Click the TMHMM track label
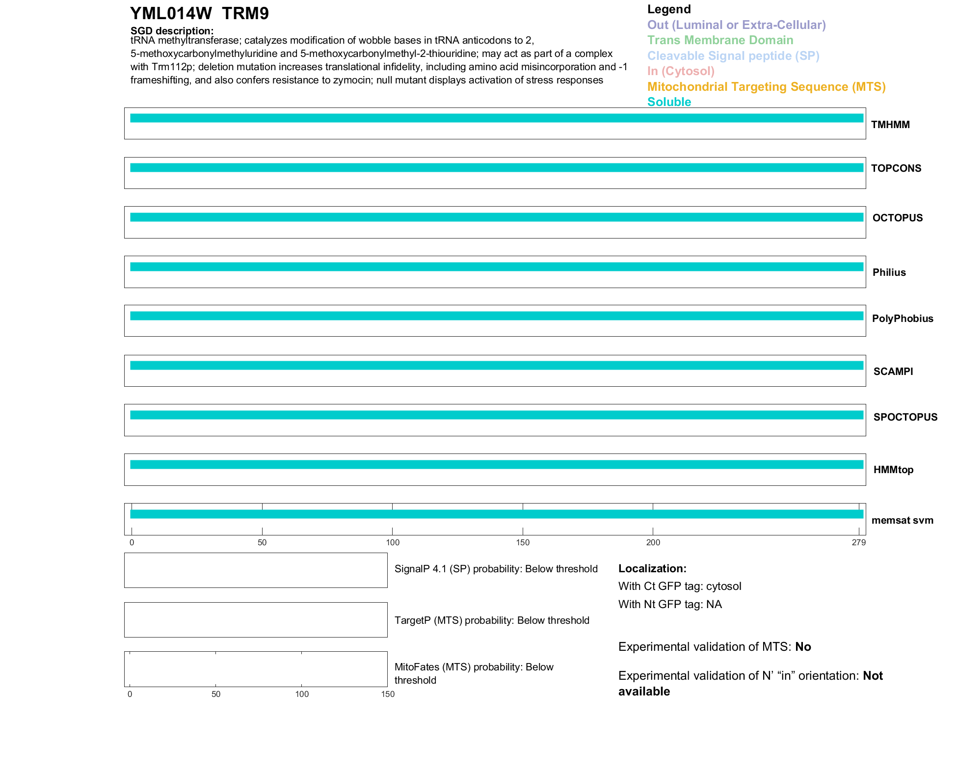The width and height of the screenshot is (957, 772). [x=890, y=125]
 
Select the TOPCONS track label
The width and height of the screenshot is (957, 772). [x=896, y=168]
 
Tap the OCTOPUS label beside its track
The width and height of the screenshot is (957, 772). [x=897, y=218]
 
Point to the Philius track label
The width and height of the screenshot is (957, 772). [x=889, y=272]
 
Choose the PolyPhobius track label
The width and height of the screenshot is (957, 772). [x=902, y=319]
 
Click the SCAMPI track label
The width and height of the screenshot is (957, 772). [x=893, y=372]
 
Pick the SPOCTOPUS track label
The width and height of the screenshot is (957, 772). [x=905, y=417]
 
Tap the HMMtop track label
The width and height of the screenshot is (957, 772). [x=893, y=470]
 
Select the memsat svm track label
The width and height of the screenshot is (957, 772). [x=902, y=520]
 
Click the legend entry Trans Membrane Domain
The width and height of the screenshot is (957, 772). [x=720, y=40]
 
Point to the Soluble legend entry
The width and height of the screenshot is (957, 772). [x=669, y=102]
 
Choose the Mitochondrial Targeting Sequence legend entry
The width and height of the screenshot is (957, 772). [x=766, y=87]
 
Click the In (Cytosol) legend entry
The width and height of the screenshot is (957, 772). [x=681, y=71]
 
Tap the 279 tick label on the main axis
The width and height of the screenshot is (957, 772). [x=858, y=542]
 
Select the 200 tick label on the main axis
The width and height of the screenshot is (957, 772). [x=653, y=542]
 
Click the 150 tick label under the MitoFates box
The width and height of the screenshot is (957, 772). [x=388, y=694]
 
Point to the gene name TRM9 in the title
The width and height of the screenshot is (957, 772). [x=245, y=13]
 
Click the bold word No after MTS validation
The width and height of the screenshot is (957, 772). [x=803, y=647]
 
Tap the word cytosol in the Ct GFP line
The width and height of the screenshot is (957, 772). [x=723, y=586]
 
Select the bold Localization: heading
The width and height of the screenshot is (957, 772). [x=652, y=569]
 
